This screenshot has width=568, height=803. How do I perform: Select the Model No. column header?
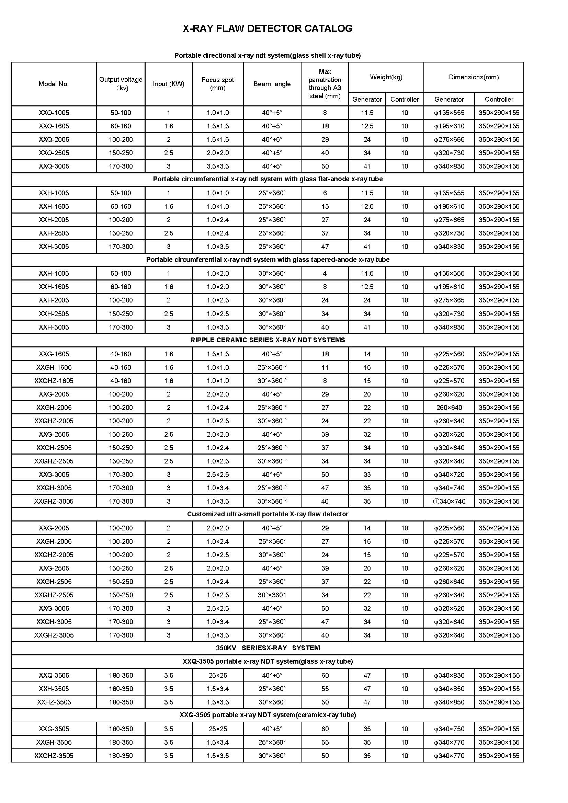pos(54,84)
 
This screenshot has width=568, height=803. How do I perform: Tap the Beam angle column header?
pos(272,84)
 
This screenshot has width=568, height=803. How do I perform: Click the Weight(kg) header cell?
pos(386,77)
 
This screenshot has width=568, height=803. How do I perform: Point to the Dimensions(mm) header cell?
pos(474,77)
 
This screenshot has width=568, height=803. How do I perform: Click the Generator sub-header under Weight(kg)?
pos(367,99)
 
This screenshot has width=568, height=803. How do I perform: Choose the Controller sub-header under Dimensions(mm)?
pos(499,99)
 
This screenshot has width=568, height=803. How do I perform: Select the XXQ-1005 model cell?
pos(54,113)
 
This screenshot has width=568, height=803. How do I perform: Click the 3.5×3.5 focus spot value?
pos(217,166)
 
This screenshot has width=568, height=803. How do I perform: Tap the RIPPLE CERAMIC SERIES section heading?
pos(268,340)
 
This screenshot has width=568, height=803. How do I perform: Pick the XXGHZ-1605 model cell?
pos(54,380)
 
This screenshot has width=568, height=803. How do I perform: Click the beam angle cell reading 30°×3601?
pos(272,595)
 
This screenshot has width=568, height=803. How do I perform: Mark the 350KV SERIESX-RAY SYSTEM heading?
pos(268,648)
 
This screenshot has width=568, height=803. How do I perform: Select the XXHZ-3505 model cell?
pos(54,702)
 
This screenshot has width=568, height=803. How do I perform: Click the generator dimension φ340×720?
pos(449,474)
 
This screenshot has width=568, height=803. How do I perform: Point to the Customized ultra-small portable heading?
pos(268,514)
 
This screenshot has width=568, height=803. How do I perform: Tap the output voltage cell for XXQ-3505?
pos(121,675)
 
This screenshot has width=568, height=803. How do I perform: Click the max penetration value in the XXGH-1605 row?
pos(325,367)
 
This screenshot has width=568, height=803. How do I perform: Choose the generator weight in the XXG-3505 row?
pos(367,729)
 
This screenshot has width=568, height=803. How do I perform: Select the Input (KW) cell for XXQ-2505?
pos(169,153)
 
